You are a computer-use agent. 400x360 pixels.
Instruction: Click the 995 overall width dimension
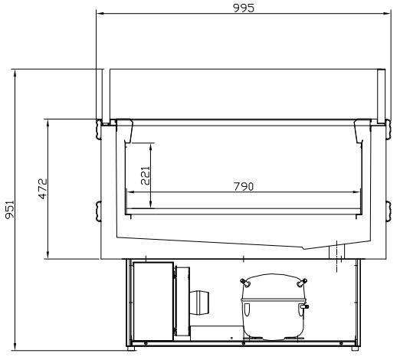coord(244,8)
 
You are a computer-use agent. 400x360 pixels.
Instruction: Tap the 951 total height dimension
coord(11,209)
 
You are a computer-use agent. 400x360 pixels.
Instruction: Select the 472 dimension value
coord(43,188)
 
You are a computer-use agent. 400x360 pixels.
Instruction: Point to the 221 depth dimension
coord(146,175)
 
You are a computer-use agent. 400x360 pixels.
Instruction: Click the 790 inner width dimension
coord(244,186)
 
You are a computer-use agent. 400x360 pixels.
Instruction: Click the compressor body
coord(273,307)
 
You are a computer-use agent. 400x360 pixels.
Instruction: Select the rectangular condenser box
coord(153,301)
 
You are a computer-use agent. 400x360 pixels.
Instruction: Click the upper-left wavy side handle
coord(98,130)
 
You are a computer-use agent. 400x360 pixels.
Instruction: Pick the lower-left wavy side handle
coord(98,211)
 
